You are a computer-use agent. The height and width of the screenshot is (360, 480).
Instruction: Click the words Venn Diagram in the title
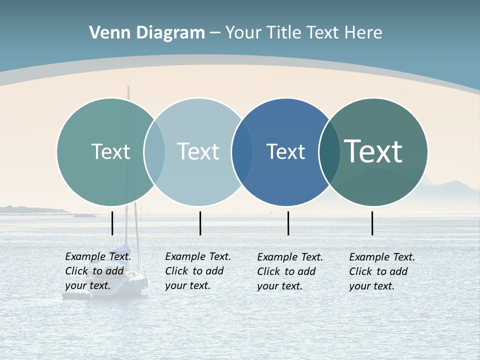[x=147, y=33]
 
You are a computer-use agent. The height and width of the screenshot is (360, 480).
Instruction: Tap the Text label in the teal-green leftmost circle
[x=110, y=151]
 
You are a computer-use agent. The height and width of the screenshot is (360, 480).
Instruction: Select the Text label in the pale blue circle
[x=198, y=151]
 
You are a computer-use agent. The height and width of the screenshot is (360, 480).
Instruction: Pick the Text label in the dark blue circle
[x=285, y=151]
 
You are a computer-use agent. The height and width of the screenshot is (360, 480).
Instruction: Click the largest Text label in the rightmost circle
[x=373, y=151]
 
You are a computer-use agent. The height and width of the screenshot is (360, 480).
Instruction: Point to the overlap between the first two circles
[x=154, y=152]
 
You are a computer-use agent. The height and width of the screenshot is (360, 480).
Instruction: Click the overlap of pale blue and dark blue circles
[x=242, y=152]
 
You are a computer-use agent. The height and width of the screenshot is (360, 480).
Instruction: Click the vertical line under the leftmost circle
[x=112, y=223]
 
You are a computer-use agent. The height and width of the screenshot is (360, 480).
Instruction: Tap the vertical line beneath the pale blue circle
[x=200, y=223]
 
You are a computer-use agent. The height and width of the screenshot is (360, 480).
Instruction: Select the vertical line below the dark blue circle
[x=288, y=223]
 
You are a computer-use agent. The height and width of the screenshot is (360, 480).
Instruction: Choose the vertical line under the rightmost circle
[x=372, y=223]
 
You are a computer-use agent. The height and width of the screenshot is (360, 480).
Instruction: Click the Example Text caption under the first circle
[x=98, y=271]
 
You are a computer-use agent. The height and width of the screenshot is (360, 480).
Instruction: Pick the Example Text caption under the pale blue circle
[x=198, y=271]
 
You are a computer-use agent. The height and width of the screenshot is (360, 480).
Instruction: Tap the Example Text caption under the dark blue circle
[x=290, y=271]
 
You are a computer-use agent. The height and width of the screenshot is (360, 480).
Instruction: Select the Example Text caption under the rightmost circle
[x=382, y=271]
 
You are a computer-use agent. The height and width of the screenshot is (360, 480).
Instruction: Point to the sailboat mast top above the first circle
[x=128, y=89]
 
